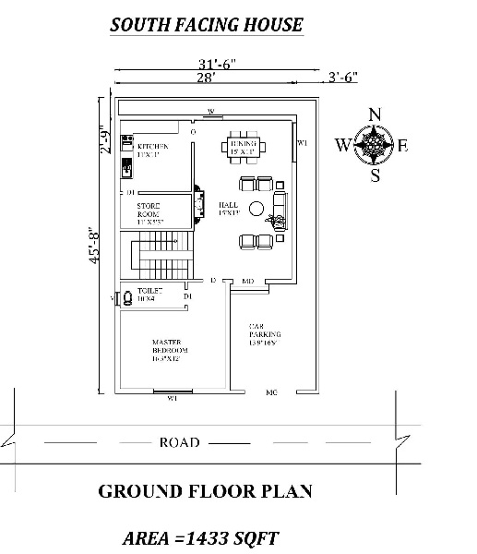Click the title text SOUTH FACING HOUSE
point(206,25)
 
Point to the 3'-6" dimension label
point(342,78)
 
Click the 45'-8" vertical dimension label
point(92,246)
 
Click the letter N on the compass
point(375,114)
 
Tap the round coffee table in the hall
point(257,207)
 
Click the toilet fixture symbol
point(115,298)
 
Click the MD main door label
point(247,280)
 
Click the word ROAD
point(179,442)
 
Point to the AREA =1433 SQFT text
point(201,536)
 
